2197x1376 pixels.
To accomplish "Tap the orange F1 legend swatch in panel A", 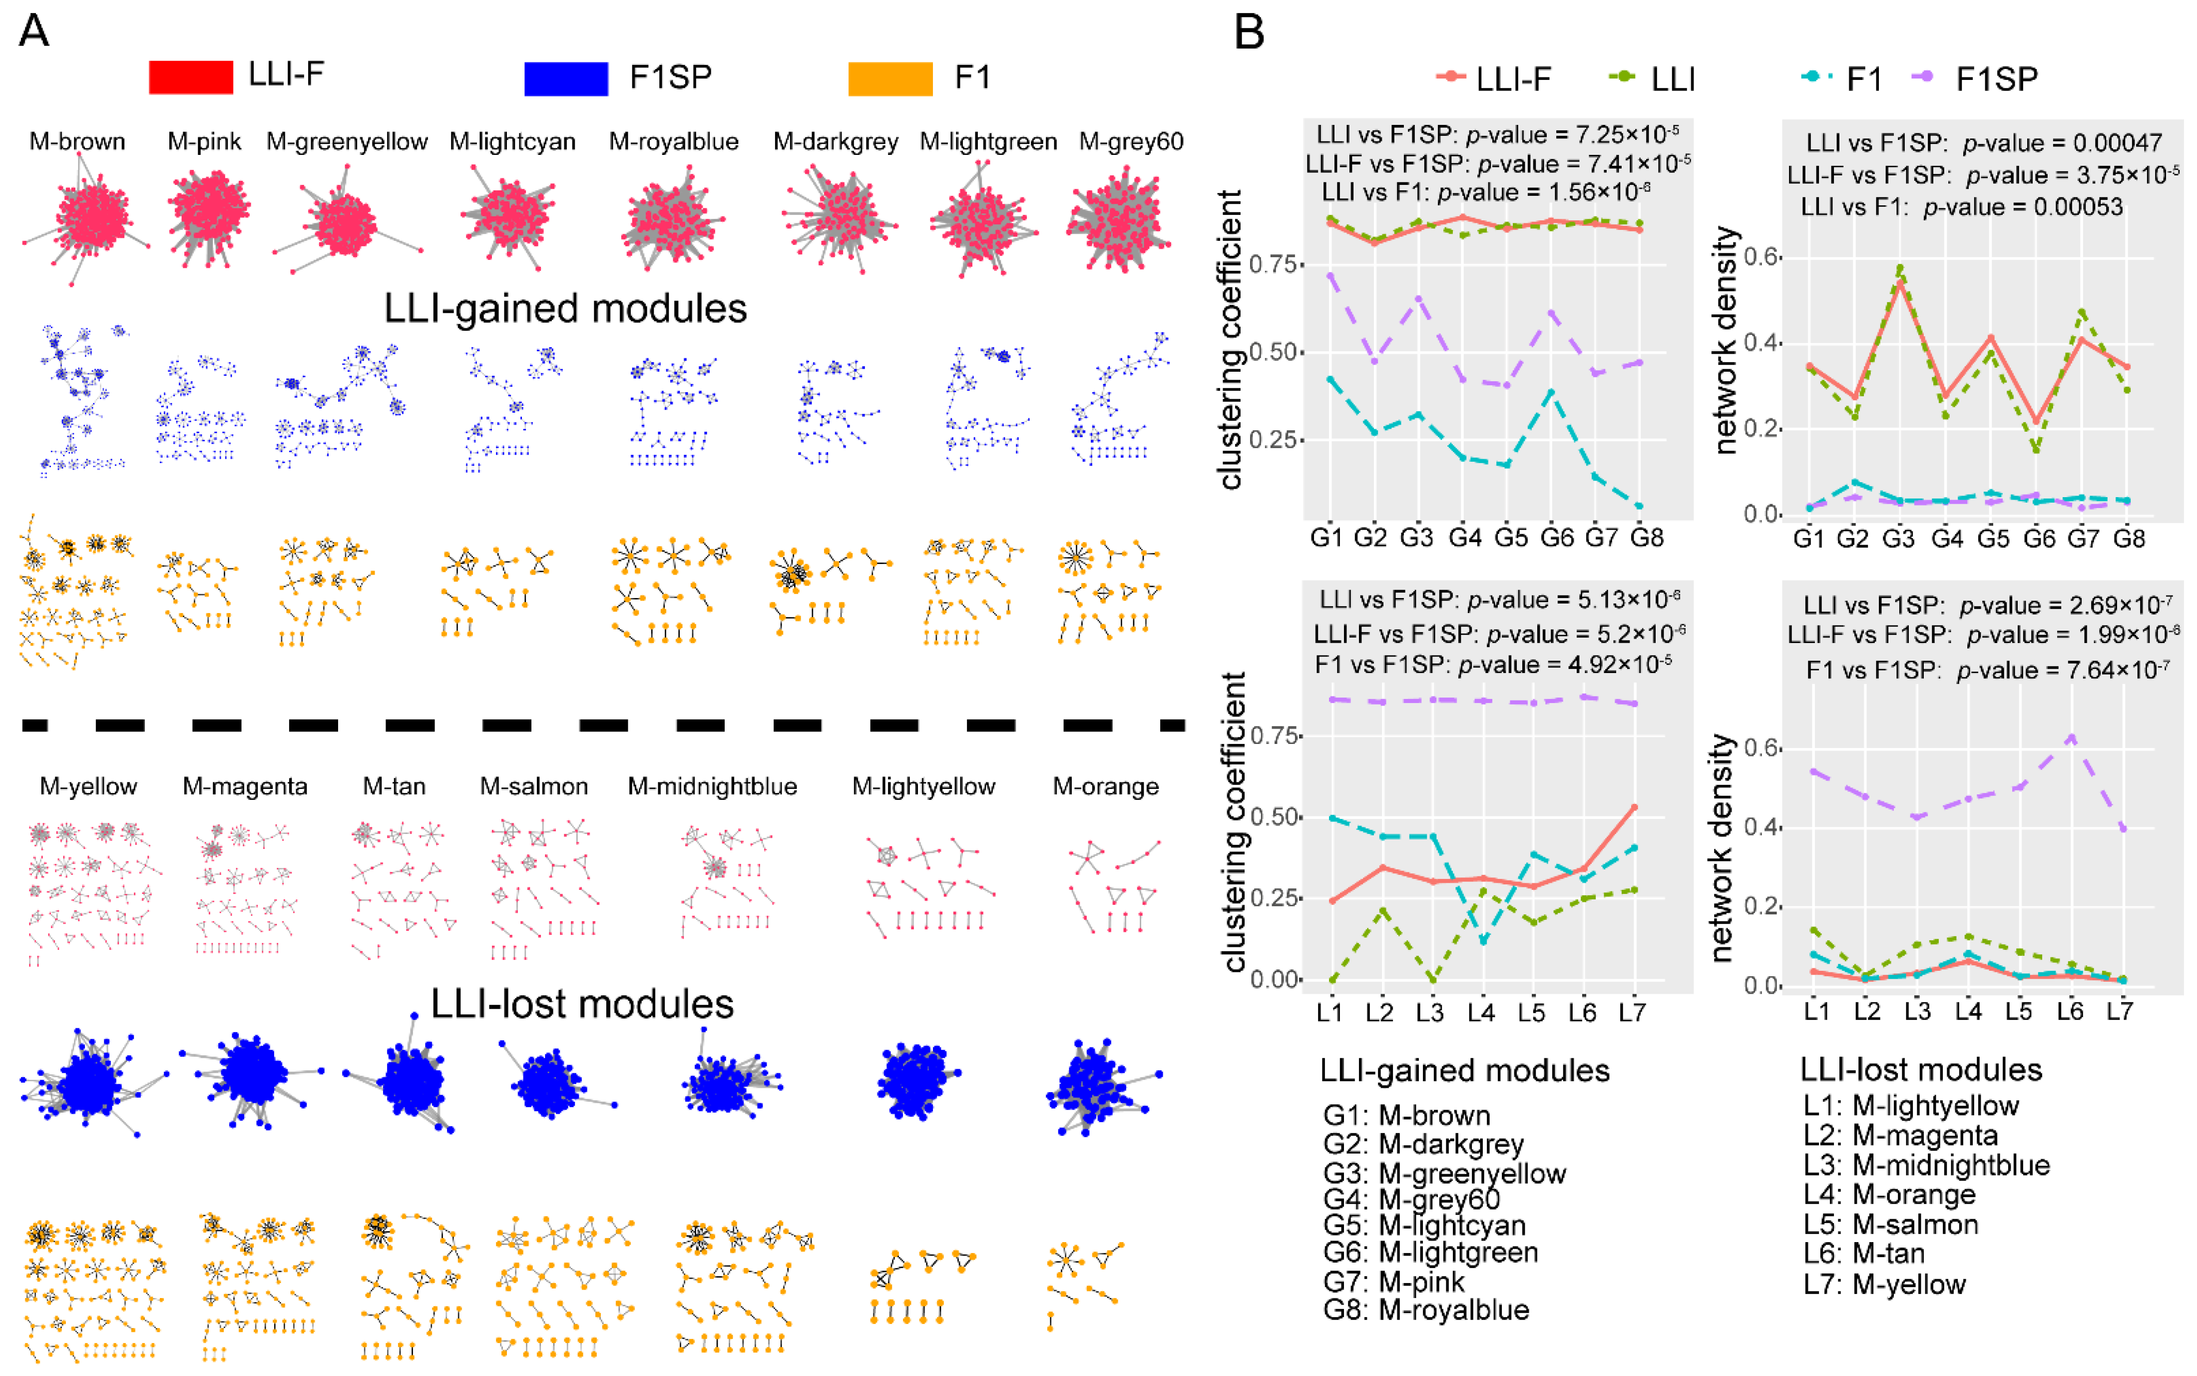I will [889, 78].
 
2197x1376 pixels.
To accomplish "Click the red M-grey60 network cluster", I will [1119, 223].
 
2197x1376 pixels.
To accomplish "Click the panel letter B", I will [1249, 33].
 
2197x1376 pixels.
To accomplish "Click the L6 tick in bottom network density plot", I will [2070, 1012].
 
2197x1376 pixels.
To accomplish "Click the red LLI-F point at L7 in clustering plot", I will [1635, 807].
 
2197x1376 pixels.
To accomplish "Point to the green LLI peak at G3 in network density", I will [1899, 268].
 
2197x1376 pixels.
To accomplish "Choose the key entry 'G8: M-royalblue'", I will [1425, 1311].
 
